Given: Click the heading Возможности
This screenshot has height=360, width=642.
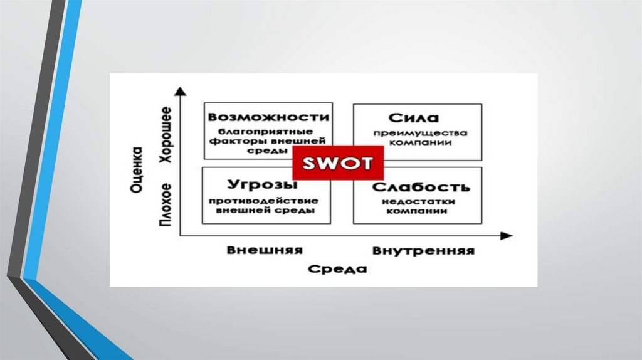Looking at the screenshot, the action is (x=269, y=117).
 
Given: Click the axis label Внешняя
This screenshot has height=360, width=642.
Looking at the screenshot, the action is (x=265, y=250).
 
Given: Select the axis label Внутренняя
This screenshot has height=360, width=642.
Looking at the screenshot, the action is (x=423, y=251).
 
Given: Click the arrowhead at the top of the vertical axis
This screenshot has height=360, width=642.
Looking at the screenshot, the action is (x=180, y=92).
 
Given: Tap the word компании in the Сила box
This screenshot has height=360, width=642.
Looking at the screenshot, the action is (x=421, y=142).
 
